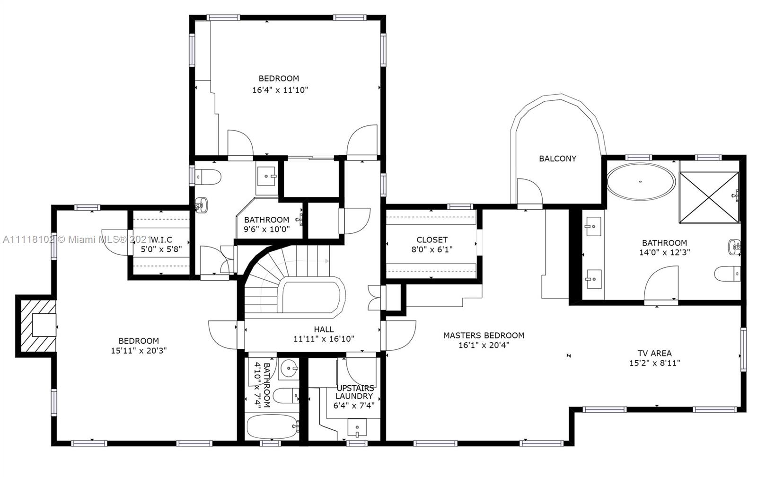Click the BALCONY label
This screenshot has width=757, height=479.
click(x=558, y=159)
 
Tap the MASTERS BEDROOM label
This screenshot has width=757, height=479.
click(x=484, y=335)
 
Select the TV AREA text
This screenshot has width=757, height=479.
click(x=655, y=353)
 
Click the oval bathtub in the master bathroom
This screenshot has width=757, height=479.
click(x=641, y=182)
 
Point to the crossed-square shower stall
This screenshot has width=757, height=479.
click(x=709, y=197)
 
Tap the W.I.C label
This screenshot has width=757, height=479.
click(x=161, y=239)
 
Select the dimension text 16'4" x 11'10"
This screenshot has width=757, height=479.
click(x=280, y=90)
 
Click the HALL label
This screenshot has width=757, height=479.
click(x=324, y=329)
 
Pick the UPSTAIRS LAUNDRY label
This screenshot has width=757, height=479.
click(x=354, y=392)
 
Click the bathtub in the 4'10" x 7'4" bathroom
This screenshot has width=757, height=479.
click(x=273, y=426)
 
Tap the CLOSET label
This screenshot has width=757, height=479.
click(x=432, y=239)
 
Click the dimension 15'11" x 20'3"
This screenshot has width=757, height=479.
click(x=139, y=351)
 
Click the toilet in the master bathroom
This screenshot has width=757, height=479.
click(x=727, y=274)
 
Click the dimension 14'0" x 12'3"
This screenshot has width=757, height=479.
click(x=664, y=252)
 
